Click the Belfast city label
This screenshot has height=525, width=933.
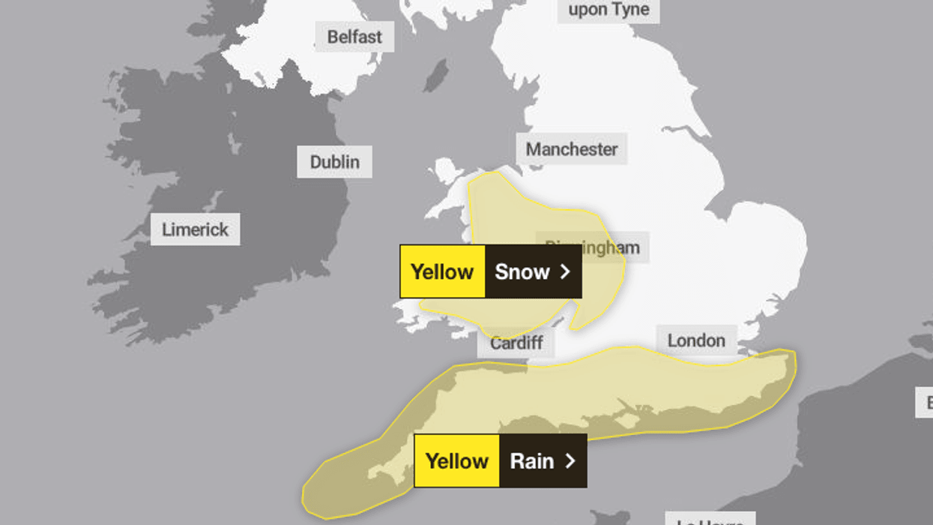(354, 37)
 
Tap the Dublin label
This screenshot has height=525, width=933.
(334, 162)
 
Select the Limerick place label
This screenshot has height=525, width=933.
(195, 229)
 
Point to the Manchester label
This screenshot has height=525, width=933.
(571, 149)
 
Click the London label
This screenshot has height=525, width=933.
(696, 340)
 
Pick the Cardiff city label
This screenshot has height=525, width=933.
(516, 343)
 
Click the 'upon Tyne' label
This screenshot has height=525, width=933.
(608, 10)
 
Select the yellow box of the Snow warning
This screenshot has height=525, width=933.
(442, 271)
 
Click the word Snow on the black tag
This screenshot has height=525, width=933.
(522, 271)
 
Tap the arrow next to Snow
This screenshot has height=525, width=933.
(565, 271)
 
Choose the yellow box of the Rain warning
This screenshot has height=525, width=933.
(456, 460)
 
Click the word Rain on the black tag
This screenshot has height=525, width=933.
(531, 460)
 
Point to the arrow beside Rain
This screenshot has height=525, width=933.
(570, 460)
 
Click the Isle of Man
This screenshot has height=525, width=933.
(435, 75)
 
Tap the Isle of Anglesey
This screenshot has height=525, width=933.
(447, 169)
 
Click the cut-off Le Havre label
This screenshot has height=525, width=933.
(708, 519)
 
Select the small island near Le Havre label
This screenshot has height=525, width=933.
(609, 517)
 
